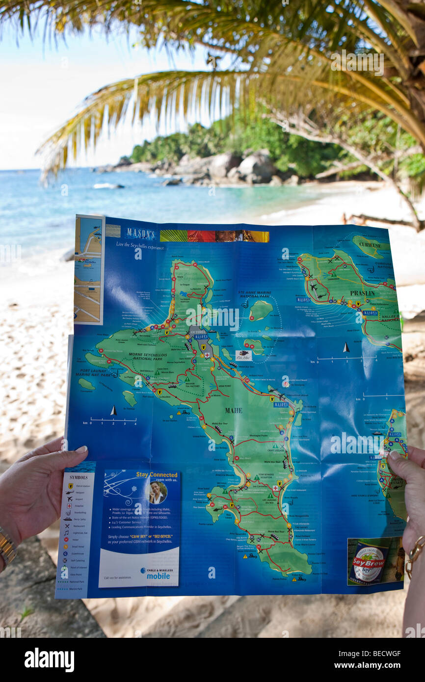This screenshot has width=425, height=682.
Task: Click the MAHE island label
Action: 234,410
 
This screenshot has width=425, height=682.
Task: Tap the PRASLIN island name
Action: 362,293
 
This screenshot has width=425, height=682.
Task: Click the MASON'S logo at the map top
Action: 140,234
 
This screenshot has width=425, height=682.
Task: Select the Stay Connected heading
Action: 157,474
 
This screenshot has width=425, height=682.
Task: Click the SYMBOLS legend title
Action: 79,477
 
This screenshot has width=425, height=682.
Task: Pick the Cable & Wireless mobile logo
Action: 155,573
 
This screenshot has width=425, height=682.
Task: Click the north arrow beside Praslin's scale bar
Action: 346,347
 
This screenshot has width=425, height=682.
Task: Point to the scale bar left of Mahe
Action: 112,420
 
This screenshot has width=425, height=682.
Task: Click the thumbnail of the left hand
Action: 81,449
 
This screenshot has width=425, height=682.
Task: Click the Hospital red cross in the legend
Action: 69,505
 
